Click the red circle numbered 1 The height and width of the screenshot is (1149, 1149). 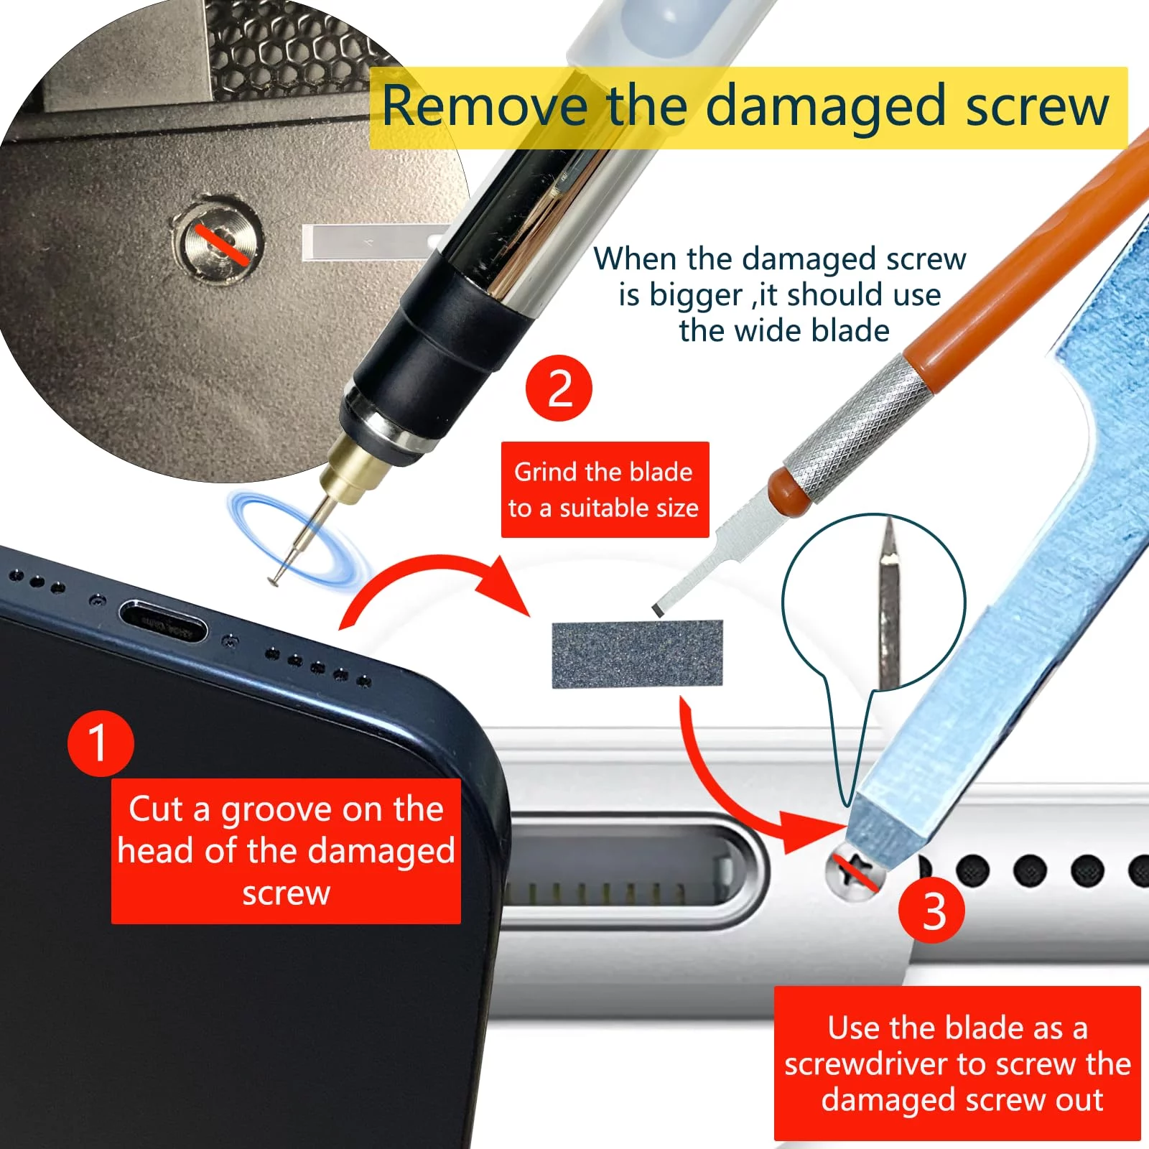(x=101, y=743)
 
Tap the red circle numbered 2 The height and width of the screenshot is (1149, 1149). (x=559, y=389)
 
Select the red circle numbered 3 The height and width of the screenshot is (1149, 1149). (x=932, y=911)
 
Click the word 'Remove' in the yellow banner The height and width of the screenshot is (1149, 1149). (x=483, y=106)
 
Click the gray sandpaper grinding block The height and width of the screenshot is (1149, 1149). (x=637, y=654)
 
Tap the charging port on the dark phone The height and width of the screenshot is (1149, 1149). (x=163, y=623)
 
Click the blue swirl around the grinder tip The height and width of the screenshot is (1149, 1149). (x=298, y=539)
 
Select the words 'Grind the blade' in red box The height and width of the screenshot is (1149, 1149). (x=603, y=472)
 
